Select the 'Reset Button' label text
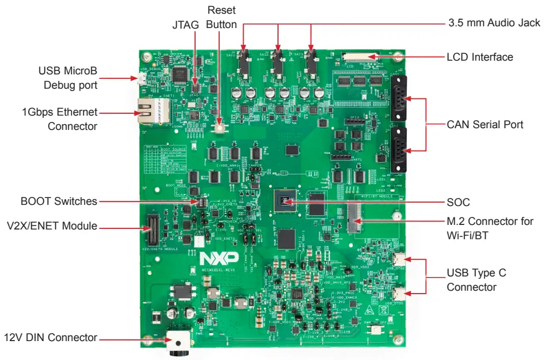click(221, 17)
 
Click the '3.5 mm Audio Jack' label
click(493, 23)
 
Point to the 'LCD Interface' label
click(479, 57)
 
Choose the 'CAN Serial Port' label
click(485, 124)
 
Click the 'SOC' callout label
click(458, 202)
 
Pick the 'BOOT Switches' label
click(58, 201)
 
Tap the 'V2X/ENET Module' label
click(51, 227)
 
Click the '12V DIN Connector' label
click(51, 337)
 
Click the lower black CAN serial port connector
click(398, 150)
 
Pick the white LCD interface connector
click(361, 56)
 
